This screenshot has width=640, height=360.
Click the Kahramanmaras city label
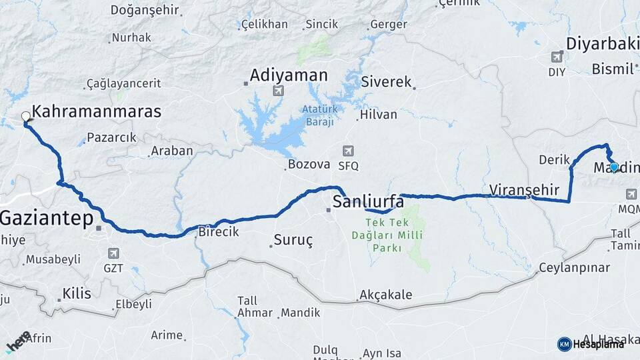pyautogui.click(x=97, y=111)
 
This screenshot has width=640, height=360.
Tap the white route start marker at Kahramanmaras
pyautogui.click(x=26, y=117)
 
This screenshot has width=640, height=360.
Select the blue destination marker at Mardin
pyautogui.click(x=614, y=167)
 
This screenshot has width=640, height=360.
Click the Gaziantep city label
pyautogui.click(x=47, y=219)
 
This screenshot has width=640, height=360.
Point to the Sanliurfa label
pyautogui.click(x=369, y=201)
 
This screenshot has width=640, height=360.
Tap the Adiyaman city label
pyautogui.click(x=289, y=75)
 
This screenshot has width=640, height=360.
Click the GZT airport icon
pyautogui.click(x=113, y=253)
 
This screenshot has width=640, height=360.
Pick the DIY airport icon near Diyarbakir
pyautogui.click(x=557, y=59)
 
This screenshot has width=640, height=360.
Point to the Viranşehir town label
pyautogui.click(x=524, y=189)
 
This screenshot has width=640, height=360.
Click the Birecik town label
pyautogui.click(x=219, y=233)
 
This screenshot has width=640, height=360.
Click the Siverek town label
pyautogui.click(x=387, y=82)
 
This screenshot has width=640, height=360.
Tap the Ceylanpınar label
pyautogui.click(x=574, y=267)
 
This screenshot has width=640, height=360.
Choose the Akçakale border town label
pyautogui.click(x=385, y=294)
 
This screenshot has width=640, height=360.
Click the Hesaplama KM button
pyautogui.click(x=591, y=344)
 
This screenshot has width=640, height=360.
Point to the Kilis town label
pyautogui.click(x=76, y=292)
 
